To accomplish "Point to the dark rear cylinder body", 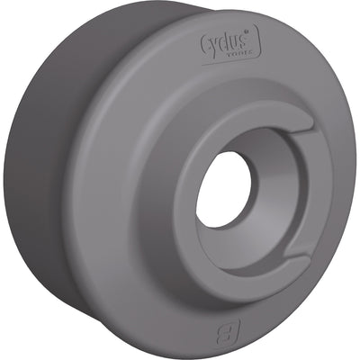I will [x=45, y=180].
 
